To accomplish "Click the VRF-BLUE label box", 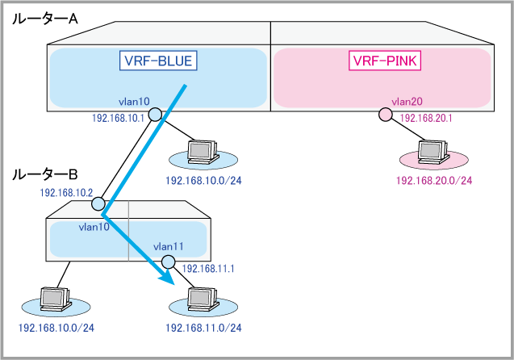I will (x=158, y=61).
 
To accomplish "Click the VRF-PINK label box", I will (x=386, y=61).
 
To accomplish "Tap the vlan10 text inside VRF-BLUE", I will (x=134, y=102).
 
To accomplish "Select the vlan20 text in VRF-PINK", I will (x=407, y=102).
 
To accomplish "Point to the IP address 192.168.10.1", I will (x=119, y=118).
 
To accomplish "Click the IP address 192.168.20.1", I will (x=425, y=118).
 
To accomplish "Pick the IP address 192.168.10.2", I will (x=67, y=194).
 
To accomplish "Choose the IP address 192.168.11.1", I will (x=208, y=269).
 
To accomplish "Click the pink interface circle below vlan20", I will (x=386, y=115).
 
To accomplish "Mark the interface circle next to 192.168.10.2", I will (x=104, y=196).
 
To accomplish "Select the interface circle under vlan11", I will (x=168, y=262).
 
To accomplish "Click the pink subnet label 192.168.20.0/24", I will (x=434, y=180).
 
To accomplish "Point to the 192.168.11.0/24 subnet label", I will (x=203, y=329).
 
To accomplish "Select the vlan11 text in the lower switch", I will (x=169, y=246).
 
